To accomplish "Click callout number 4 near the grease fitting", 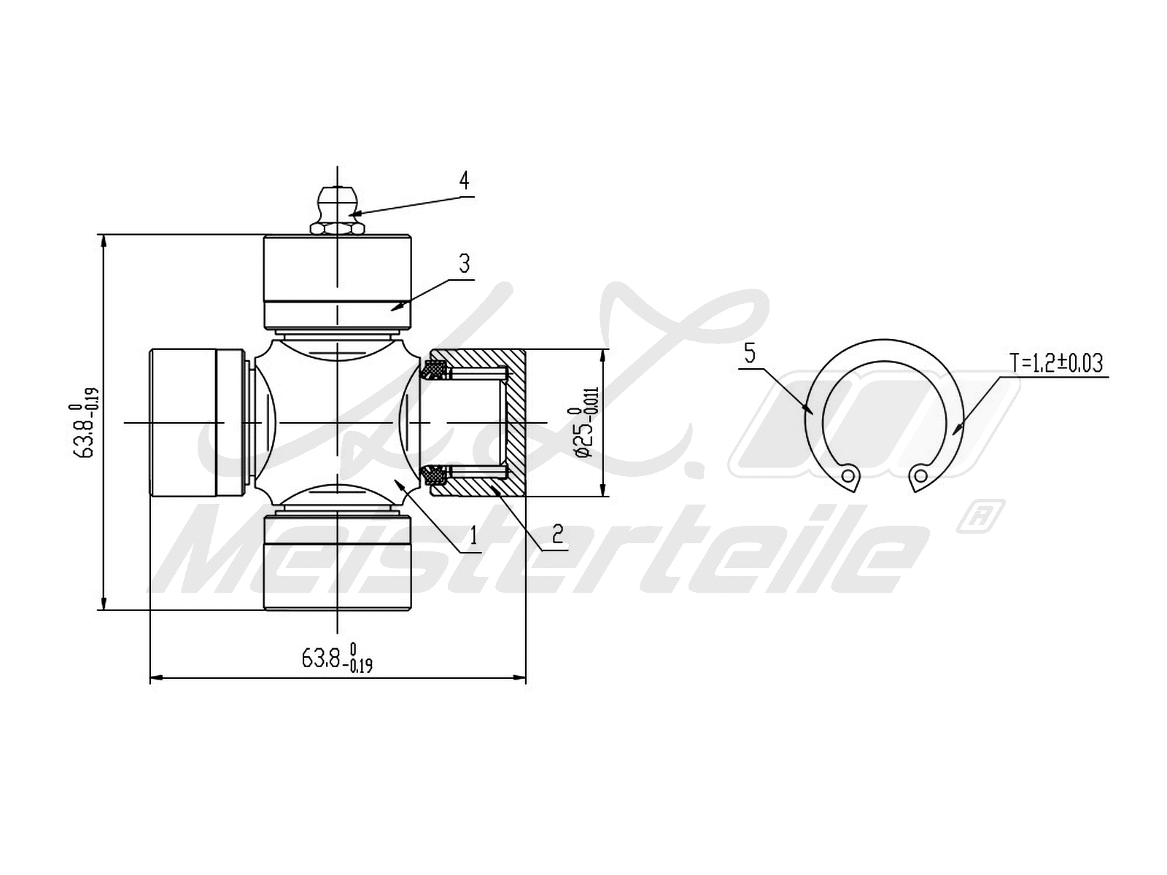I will coord(464,180).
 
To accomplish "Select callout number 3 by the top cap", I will coord(464,263).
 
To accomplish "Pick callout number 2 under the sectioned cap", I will coord(558,534).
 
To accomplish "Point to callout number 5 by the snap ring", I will coord(750,355).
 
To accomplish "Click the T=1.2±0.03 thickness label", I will coord(1055,362).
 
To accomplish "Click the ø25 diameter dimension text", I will coord(588,422).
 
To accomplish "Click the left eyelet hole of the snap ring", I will coord(848,475).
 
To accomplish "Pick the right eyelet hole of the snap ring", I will coord(921,476).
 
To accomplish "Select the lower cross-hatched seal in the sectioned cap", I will coord(438,475).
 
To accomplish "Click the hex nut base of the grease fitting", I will coord(337,228).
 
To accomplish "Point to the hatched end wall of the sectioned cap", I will coord(516,423).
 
